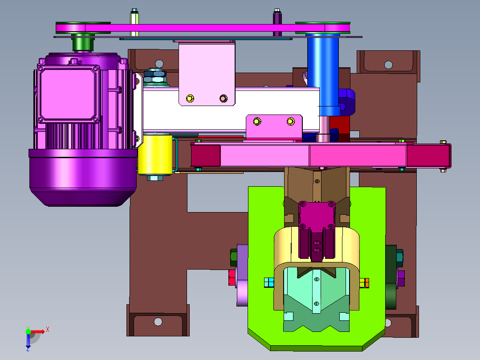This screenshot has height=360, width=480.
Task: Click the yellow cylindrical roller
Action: (x=155, y=155)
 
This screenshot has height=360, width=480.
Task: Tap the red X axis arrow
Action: (x=38, y=331)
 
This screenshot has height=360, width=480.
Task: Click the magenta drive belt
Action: (x=203, y=28)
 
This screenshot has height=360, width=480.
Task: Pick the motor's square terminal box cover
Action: (x=69, y=94)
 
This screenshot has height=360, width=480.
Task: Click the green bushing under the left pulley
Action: (x=83, y=43)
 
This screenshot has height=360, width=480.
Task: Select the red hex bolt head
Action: (x=232, y=277)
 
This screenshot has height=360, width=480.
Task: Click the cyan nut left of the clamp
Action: (x=269, y=282)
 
